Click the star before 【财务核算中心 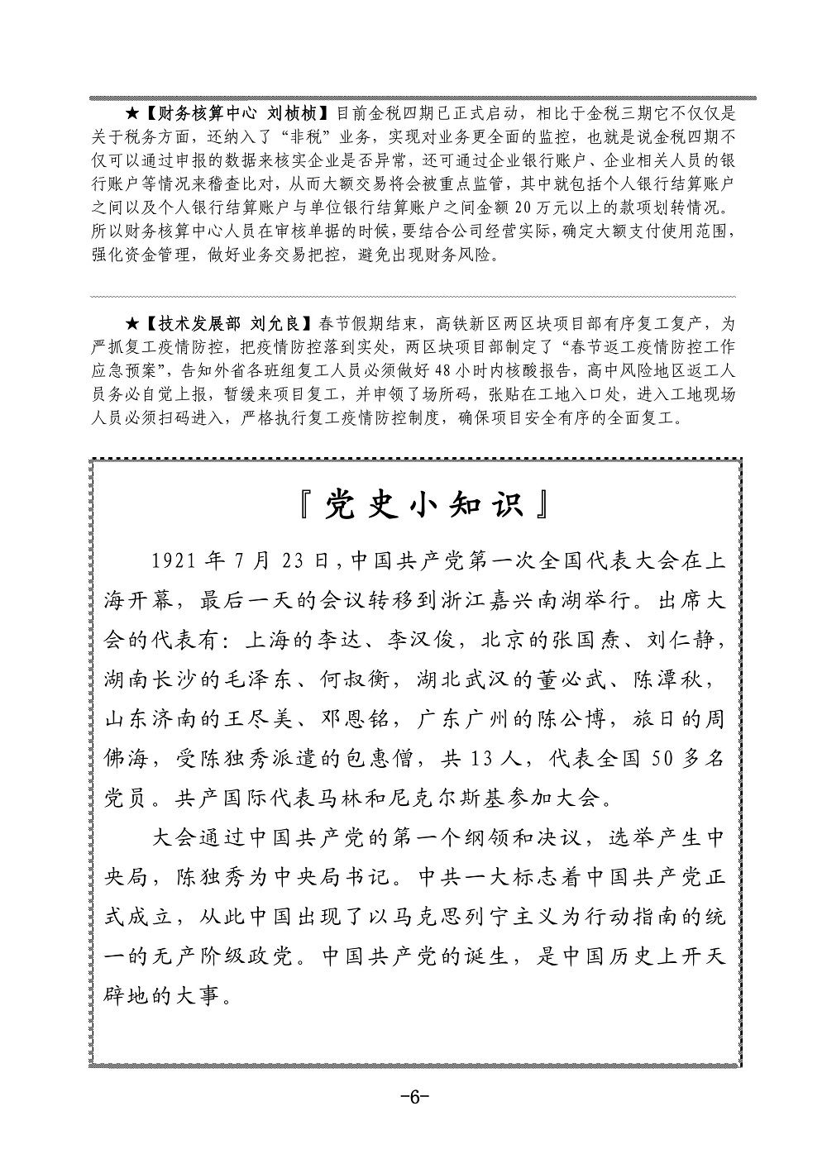point(131,112)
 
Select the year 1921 point(178,561)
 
